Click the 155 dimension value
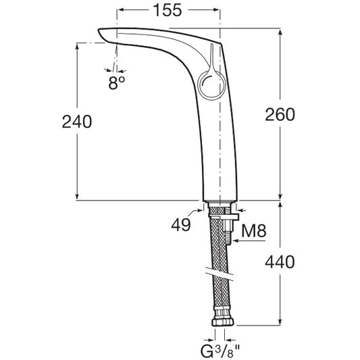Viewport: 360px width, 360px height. pos(168,10)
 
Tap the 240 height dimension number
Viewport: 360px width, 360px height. pos(77,122)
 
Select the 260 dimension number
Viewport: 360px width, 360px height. pos(280,115)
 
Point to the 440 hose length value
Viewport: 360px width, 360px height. pos(280,262)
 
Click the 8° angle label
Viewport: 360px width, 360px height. pos(117,83)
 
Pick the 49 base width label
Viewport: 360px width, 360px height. pos(181,224)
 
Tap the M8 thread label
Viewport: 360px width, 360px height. pos(254,231)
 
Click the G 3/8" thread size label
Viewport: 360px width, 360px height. pos(220,351)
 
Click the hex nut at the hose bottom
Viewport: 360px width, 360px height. pos(222,322)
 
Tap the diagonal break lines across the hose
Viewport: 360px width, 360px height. pos(220,274)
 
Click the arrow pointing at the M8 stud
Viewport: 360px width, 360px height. pos(249,241)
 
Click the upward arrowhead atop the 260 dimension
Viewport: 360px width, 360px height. pos(280,32)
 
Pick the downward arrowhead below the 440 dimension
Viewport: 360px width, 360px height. pos(280,322)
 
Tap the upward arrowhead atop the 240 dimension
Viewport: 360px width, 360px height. pos(77,46)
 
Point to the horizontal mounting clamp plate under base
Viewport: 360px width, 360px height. pos(224,217)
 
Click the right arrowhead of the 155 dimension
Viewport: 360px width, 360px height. pos(217,9)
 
